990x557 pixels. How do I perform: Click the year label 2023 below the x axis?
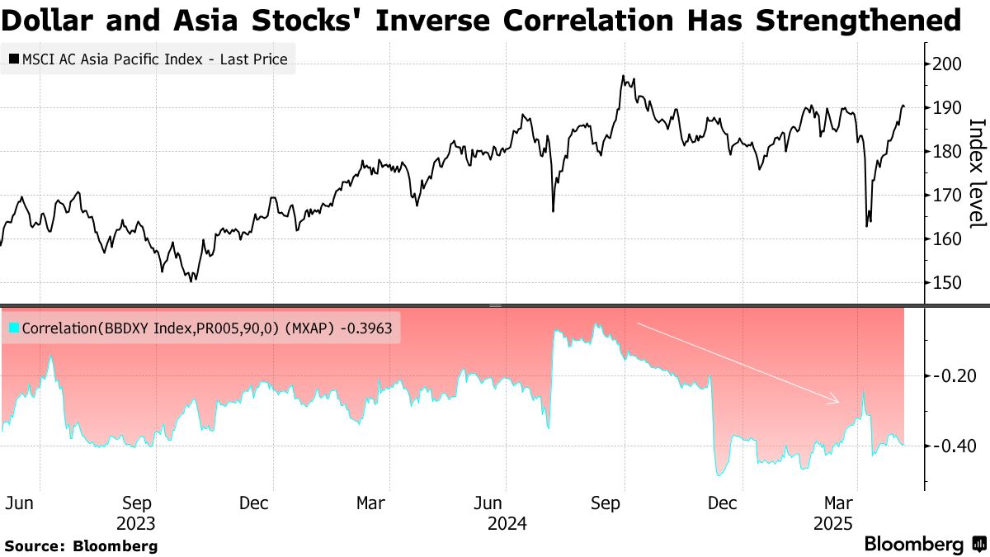point(136,523)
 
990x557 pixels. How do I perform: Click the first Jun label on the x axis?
point(19,503)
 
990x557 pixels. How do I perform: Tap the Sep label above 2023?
point(136,503)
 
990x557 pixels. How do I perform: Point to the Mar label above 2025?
point(840,503)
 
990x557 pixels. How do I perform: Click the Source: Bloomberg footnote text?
point(81,545)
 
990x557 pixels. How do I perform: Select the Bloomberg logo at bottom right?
point(924,545)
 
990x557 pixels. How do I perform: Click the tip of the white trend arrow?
point(838,402)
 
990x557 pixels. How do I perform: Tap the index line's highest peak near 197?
point(624,77)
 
